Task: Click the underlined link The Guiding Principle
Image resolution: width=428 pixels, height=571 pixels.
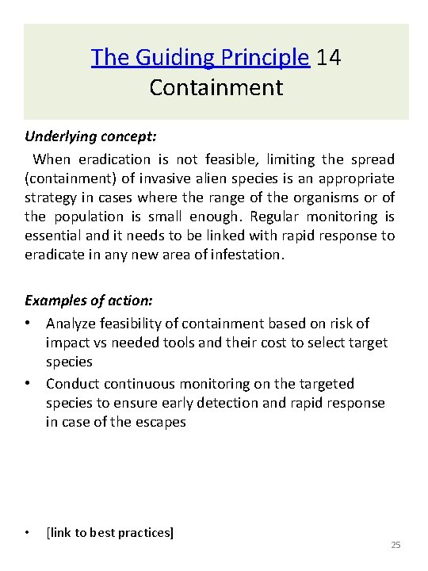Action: click(x=200, y=58)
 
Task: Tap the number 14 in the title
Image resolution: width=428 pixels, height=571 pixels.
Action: click(x=329, y=58)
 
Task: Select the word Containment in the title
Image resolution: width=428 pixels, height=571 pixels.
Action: click(x=216, y=87)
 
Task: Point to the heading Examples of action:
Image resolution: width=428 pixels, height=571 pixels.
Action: click(x=89, y=301)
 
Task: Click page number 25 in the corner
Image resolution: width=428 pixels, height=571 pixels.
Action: click(x=396, y=546)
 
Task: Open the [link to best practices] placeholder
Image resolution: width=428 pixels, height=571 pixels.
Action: click(x=109, y=533)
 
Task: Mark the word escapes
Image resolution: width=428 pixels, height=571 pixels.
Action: click(x=159, y=422)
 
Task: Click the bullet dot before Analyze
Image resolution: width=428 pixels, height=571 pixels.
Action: click(x=29, y=324)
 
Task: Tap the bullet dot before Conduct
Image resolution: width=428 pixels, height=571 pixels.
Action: click(x=29, y=384)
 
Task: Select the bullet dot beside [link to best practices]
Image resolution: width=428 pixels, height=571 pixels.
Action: click(x=29, y=533)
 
